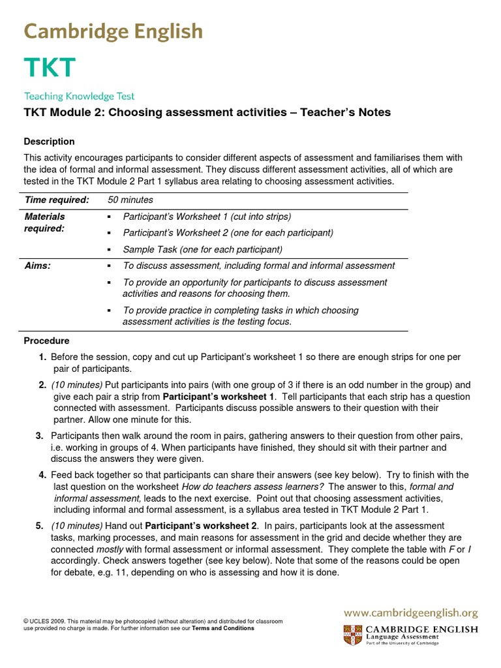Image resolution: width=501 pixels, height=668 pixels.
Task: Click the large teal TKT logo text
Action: tap(50, 68)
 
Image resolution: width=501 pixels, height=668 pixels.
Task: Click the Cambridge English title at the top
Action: tap(114, 31)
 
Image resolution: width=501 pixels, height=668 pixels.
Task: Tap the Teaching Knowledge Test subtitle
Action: tap(79, 96)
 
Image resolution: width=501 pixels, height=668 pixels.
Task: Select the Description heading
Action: tap(49, 142)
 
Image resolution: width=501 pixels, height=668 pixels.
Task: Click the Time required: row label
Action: tap(56, 200)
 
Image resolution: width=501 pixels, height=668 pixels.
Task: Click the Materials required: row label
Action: tap(44, 222)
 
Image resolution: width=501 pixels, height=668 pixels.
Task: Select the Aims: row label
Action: tap(37, 266)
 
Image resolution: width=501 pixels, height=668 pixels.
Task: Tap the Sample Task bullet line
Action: tap(202, 249)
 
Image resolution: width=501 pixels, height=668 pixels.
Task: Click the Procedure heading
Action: tap(46, 341)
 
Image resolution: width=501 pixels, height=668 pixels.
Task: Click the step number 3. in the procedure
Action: tap(40, 435)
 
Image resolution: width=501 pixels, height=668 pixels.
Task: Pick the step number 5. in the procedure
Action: tap(40, 525)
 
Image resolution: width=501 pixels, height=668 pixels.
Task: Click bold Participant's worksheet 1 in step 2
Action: tap(219, 396)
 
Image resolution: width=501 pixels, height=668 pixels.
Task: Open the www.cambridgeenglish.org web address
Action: tap(411, 613)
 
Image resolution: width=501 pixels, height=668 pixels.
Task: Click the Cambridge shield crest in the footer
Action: tap(350, 634)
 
